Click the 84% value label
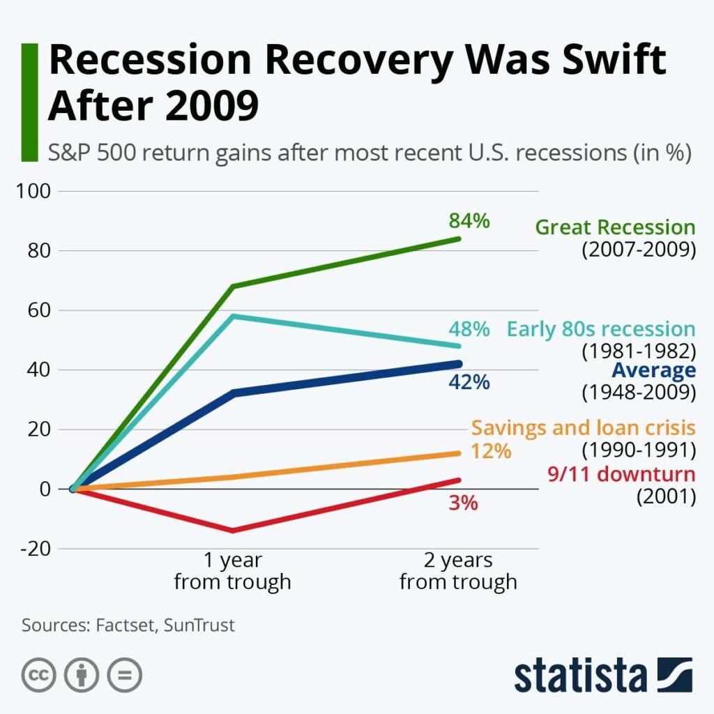469,221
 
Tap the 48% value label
469,329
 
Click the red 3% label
463,502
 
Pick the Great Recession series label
615,227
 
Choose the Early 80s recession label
601,329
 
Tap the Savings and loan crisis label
583,427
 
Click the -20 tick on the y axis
35,549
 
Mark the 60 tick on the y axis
38,310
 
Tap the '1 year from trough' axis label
232,571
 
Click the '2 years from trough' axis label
458,571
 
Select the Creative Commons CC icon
38,675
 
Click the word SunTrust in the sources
199,625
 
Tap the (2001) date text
666,497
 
